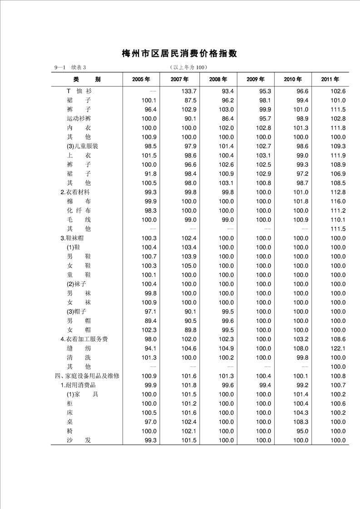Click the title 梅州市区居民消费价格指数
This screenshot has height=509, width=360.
point(180,54)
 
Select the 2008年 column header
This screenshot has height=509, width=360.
point(218,79)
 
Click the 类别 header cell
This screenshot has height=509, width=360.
point(86,79)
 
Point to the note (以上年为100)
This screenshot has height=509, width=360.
point(188,68)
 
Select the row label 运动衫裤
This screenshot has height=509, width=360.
point(79,119)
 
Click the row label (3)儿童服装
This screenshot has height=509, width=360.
point(82,146)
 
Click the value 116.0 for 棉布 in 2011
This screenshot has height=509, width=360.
point(338,201)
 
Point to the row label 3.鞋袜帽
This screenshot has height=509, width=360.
point(72,238)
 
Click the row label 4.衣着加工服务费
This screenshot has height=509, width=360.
point(84,339)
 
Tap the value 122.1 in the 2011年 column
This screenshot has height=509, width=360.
point(338,348)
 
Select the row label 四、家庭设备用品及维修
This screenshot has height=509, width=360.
point(87,376)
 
